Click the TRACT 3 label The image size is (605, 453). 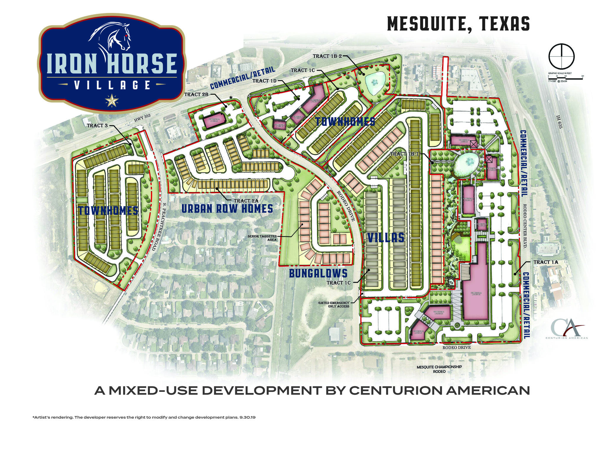point(97,126)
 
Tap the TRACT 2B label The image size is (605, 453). point(196,95)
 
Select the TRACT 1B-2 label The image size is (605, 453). point(327,56)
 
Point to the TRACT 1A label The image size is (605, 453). point(545,262)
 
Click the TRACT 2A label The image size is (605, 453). point(246,201)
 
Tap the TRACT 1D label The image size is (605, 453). point(265,81)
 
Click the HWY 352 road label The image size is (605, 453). point(142,118)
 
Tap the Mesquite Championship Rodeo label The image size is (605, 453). point(439,369)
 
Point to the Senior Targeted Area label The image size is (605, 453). point(262,238)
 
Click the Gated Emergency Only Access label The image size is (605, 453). point(334,304)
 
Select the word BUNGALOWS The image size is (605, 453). point(318,274)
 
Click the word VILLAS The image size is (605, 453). point(386,238)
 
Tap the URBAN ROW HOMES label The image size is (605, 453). point(227,209)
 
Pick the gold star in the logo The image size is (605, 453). point(112,100)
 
